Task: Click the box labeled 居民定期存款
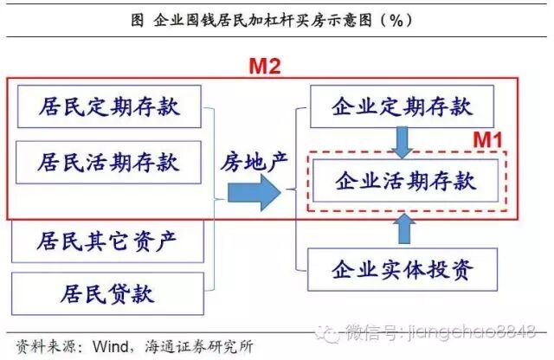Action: (108, 107)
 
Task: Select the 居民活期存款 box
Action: (108, 161)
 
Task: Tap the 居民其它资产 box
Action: (108, 240)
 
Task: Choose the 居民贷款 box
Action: (108, 293)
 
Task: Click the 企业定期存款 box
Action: (402, 107)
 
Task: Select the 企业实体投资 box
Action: (402, 269)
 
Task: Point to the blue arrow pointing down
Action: (403, 142)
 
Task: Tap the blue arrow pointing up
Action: (403, 227)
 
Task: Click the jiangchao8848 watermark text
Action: (484, 331)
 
